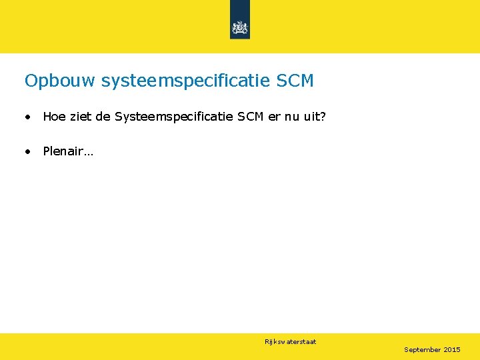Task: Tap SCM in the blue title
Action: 295,81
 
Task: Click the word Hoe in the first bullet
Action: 55,117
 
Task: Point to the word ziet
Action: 81,117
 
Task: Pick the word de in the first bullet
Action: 103,117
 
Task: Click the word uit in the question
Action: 313,117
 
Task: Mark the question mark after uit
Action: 323,117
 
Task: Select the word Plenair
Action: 63,151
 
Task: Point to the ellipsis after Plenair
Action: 89,153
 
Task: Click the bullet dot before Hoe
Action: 27,118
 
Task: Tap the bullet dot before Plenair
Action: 27,152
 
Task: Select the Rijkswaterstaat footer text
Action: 290,342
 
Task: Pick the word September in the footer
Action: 422,349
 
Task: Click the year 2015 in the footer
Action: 452,349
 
